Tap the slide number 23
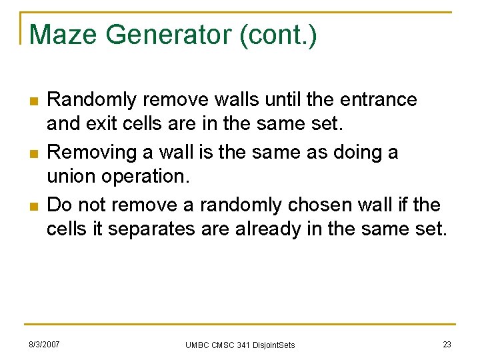point(447,344)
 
